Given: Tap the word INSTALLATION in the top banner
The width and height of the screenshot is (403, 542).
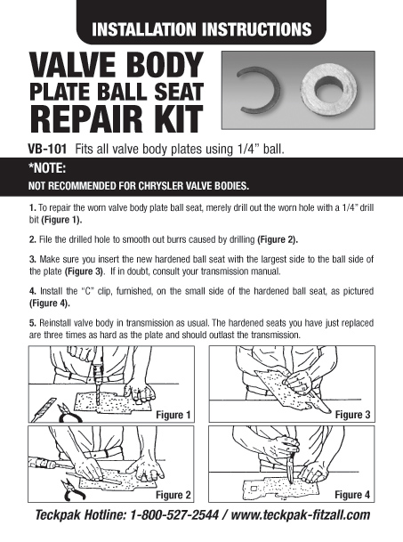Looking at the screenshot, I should coord(154,28).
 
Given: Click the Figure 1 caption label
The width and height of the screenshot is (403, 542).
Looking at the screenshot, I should coord(173,415).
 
